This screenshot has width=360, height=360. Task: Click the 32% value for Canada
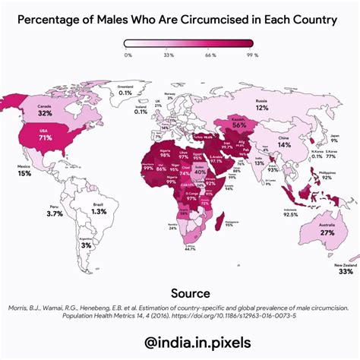click(x=45, y=113)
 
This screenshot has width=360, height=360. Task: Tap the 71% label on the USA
click(x=45, y=139)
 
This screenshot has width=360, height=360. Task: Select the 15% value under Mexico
click(x=25, y=174)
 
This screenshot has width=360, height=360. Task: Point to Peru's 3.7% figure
click(x=54, y=214)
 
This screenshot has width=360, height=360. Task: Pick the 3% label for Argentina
click(x=86, y=245)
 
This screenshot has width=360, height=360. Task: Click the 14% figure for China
click(x=283, y=144)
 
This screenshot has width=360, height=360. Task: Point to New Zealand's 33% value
click(x=345, y=271)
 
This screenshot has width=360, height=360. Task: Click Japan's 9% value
click(x=333, y=141)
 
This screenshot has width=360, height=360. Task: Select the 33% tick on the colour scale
click(x=169, y=55)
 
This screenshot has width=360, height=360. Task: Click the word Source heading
click(x=179, y=292)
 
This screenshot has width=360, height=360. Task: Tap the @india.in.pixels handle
click(x=180, y=343)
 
